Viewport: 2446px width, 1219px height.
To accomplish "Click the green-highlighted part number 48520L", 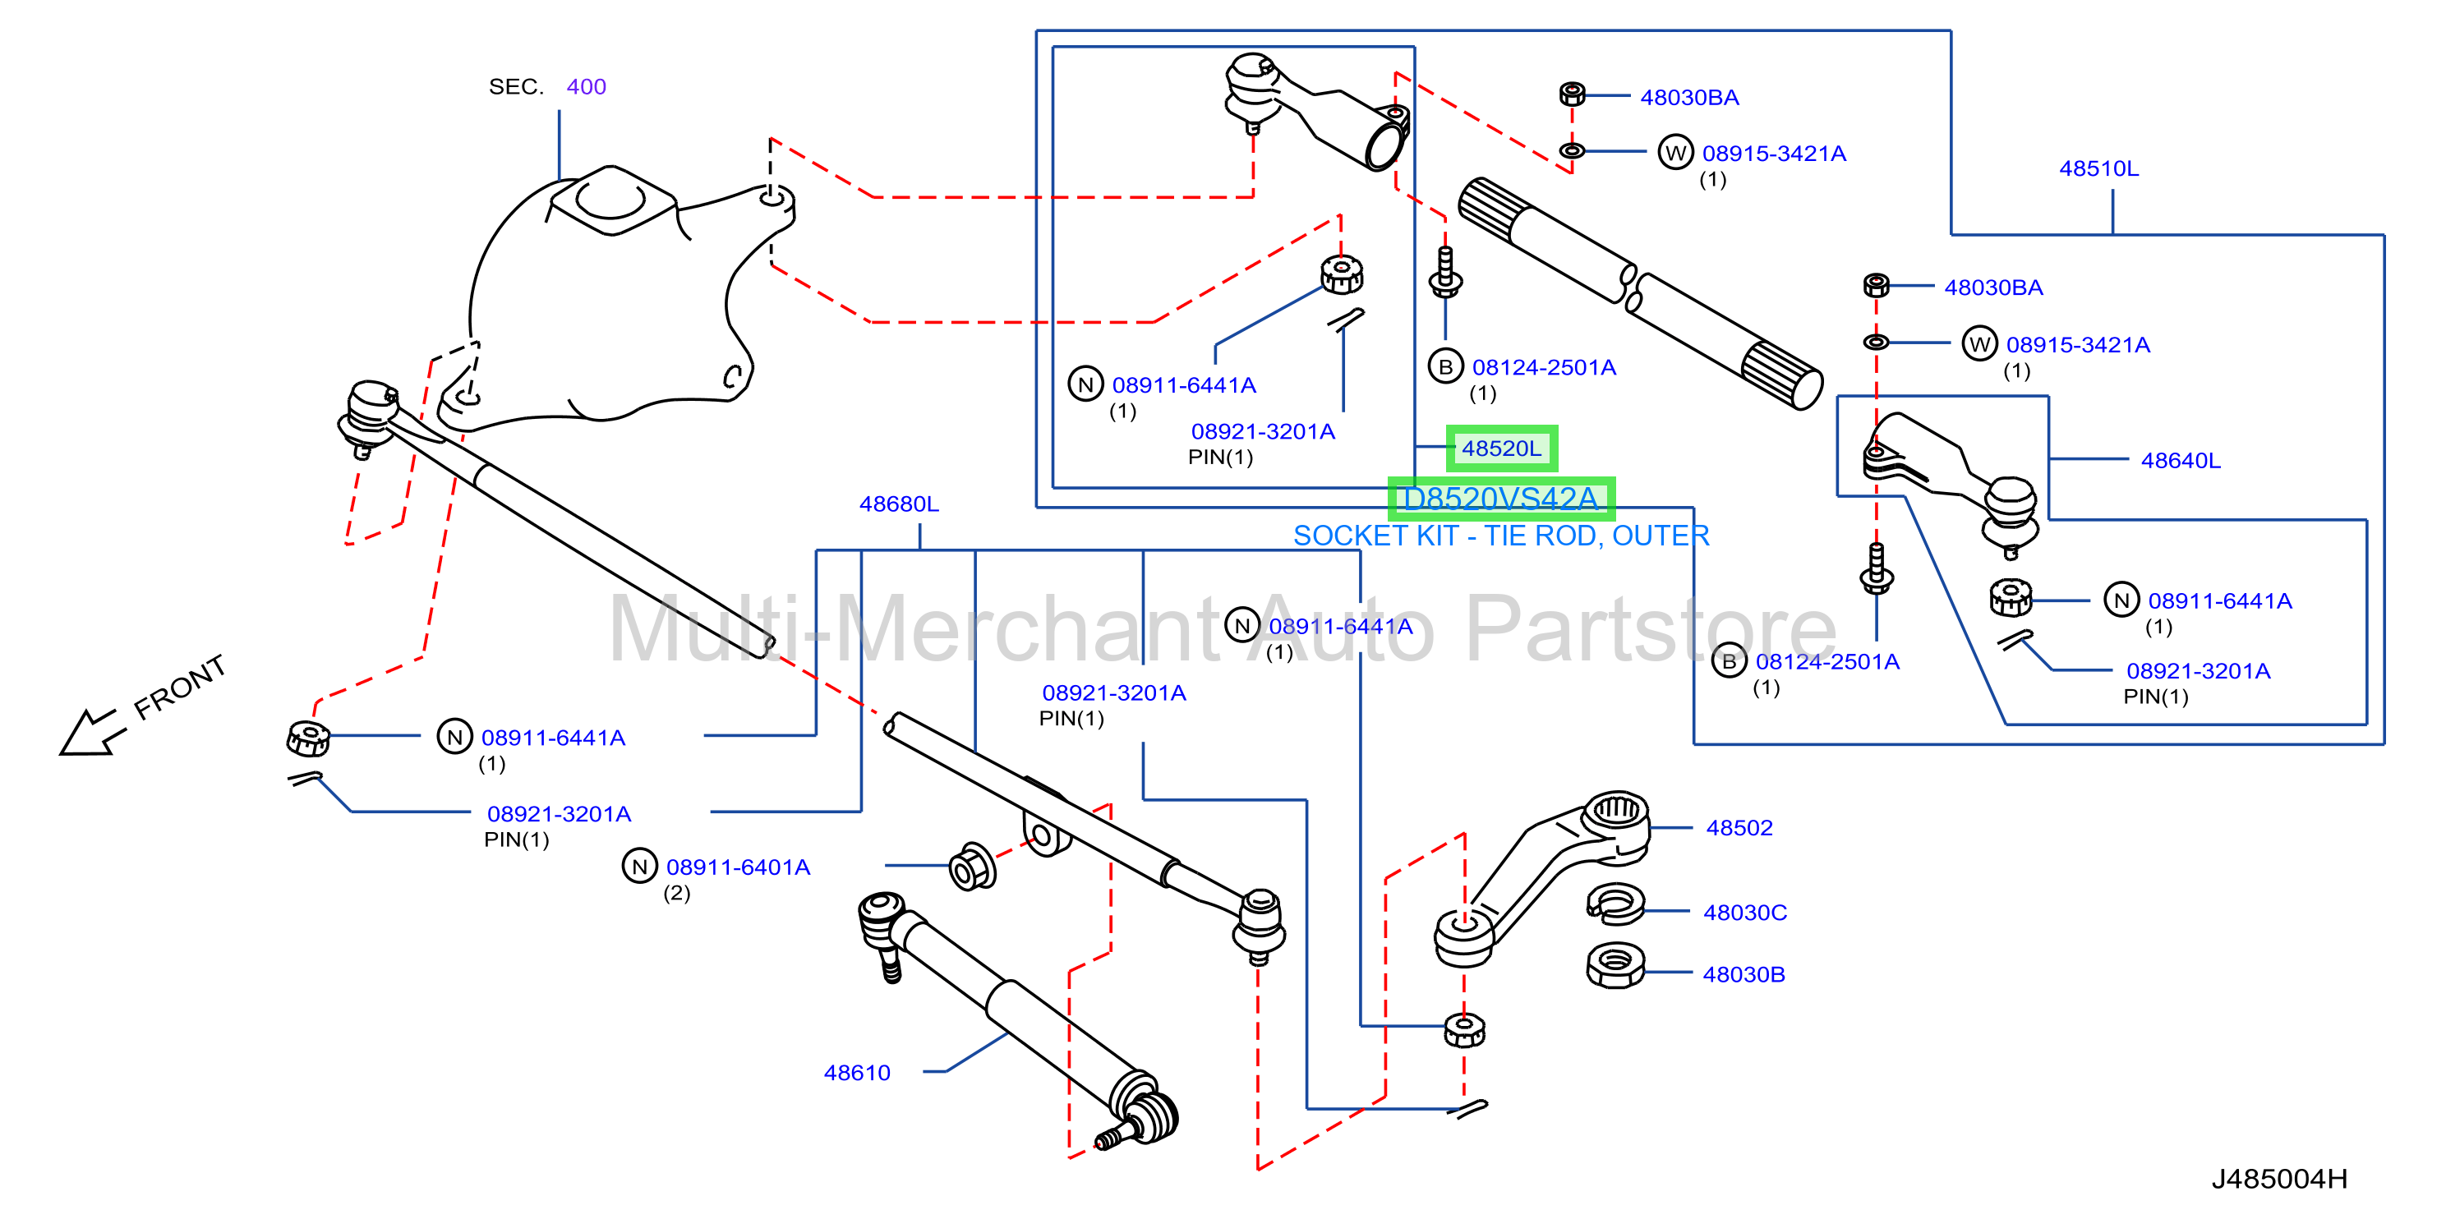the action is click(1501, 448).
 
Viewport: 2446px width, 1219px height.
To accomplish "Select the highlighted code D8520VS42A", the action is click(1500, 499).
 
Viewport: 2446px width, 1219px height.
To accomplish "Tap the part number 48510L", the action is click(2098, 169).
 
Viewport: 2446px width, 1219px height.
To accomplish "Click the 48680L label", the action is click(898, 504).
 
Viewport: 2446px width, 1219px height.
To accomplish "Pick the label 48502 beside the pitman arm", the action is click(1739, 828).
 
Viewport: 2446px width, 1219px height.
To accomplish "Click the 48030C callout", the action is click(1744, 913).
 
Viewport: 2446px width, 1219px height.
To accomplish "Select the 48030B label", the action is click(1744, 974).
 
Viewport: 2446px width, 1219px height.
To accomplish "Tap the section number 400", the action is click(586, 86).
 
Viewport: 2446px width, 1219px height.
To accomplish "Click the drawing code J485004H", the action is click(2279, 1179).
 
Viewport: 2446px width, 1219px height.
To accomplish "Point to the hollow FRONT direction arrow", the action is click(90, 733).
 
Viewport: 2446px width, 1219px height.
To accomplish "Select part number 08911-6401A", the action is click(738, 867).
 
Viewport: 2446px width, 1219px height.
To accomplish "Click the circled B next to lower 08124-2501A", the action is click(1728, 662).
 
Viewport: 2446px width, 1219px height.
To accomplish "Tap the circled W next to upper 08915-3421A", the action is click(1675, 152).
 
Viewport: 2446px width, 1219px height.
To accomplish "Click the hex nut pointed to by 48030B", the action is click(1615, 965).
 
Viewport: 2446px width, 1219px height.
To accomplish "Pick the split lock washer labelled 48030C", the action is click(1615, 904).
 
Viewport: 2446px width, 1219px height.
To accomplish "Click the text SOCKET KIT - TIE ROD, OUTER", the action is click(1500, 536).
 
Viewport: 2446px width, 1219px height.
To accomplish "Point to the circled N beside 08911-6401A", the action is click(639, 866).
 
